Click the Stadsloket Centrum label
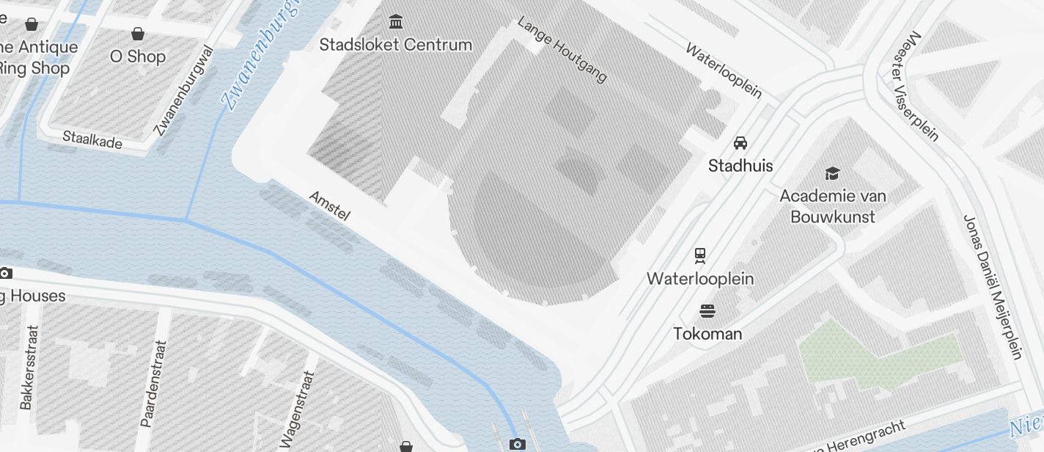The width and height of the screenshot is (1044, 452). coord(396,45)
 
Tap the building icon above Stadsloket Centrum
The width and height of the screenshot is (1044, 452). coord(397,21)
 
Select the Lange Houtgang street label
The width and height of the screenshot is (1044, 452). coord(562,49)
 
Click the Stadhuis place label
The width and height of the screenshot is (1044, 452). coord(740,166)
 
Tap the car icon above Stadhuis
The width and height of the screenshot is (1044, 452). coord(740,142)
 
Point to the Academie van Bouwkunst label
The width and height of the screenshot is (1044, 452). coord(833,206)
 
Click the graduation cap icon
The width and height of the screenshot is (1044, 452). coord(832,173)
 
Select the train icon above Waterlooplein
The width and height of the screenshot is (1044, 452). coord(700,255)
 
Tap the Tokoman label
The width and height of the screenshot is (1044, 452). coord(707,334)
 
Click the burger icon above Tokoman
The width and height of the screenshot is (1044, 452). coord(707,310)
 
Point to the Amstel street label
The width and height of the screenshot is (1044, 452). coord(330,206)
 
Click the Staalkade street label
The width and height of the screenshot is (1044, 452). coord(92,139)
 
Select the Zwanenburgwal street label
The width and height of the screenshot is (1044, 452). coord(185,91)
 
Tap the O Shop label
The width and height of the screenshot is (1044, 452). coord(138,56)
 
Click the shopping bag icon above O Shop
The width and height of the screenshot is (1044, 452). coord(137,34)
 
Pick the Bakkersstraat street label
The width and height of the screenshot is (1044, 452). coord(27,367)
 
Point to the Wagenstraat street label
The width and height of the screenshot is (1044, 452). coord(297,409)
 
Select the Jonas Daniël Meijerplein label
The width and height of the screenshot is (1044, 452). coord(992,286)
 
